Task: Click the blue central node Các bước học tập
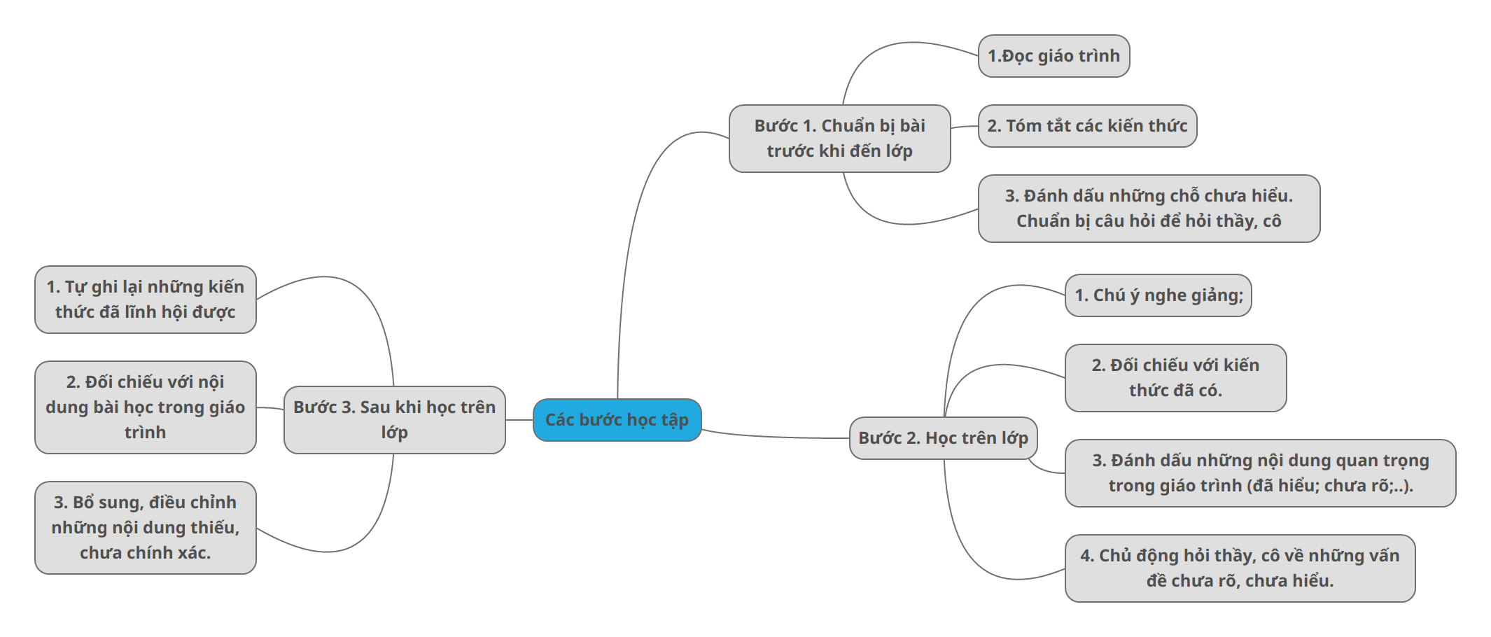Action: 617,420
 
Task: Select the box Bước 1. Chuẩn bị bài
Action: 839,139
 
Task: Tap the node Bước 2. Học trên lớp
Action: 943,438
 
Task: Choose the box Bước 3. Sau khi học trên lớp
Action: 394,420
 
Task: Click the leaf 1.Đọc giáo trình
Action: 1053,56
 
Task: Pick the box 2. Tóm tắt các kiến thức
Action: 1087,126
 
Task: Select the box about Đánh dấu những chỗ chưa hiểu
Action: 1149,209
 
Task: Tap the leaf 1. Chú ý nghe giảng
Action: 1158,295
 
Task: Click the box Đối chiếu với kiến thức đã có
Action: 1175,378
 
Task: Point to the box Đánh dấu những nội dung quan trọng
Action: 1260,473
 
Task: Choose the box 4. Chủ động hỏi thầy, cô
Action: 1240,568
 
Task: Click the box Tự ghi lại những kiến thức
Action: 146,300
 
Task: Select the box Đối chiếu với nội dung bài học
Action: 146,407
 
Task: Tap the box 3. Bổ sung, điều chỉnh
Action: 146,528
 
